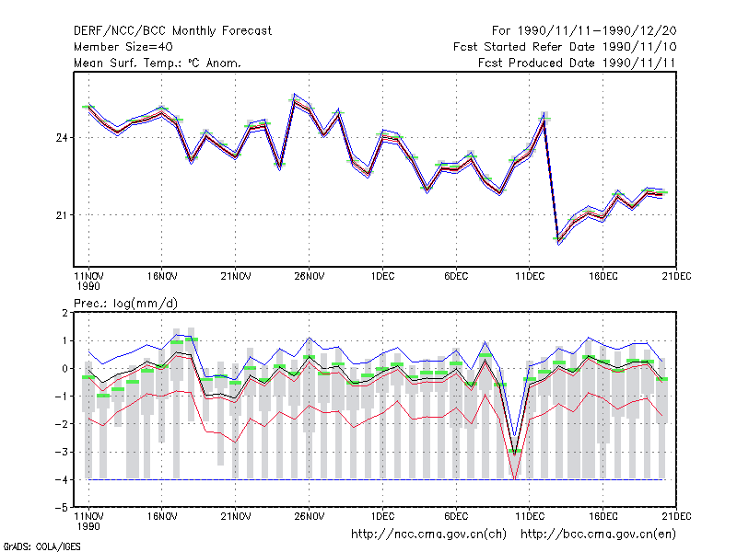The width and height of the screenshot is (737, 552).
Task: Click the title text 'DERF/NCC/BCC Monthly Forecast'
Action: point(172,31)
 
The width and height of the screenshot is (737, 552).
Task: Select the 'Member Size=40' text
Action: point(123,47)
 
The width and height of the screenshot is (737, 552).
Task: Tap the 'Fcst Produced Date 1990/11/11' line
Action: point(577,63)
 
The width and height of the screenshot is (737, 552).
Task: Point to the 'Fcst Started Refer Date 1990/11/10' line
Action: point(565,47)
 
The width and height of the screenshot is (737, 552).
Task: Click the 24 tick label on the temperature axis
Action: point(62,138)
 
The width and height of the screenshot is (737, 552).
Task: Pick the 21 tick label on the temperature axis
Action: point(62,215)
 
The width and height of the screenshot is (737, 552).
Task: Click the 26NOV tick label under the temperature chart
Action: point(309,276)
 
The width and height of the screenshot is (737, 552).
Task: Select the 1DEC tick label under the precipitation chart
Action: point(382,516)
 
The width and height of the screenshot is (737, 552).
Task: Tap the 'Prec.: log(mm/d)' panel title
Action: point(125,304)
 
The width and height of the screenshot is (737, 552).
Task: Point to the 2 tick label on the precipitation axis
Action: point(64,313)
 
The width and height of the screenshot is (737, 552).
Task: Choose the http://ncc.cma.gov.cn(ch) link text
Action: point(428,535)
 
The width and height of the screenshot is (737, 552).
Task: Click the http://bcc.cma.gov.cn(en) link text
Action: point(598,535)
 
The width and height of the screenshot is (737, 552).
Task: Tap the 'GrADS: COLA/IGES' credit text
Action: point(41,546)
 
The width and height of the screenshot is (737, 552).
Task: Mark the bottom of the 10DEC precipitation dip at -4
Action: point(515,479)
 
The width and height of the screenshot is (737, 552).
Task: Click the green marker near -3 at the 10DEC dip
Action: point(515,451)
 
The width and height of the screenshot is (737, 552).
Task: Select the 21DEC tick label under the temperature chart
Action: point(676,276)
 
